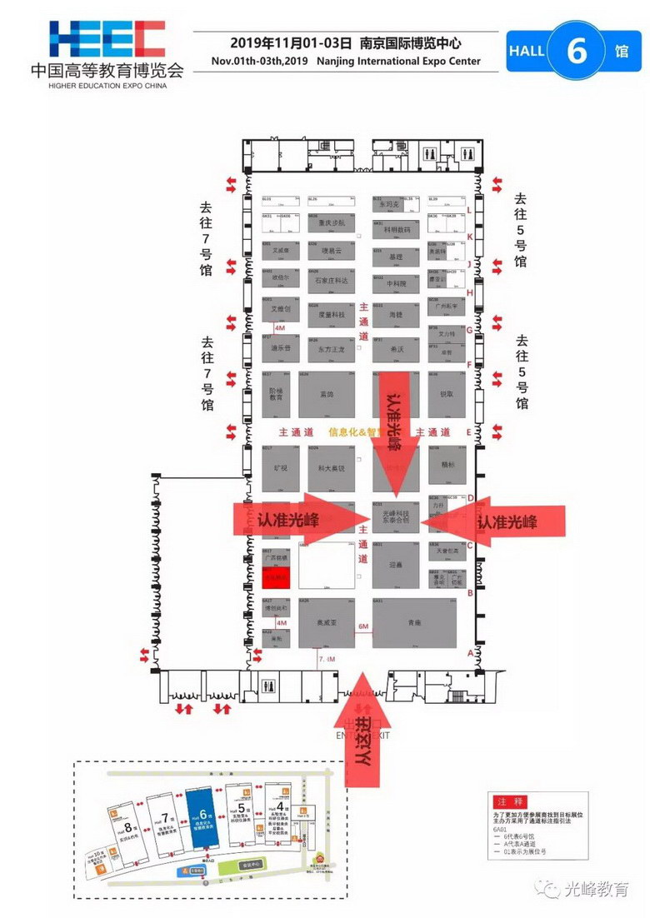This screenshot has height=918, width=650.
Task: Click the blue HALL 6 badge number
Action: [576, 50]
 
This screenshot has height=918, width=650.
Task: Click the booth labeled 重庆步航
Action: [332, 222]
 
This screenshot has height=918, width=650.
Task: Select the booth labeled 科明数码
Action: [396, 227]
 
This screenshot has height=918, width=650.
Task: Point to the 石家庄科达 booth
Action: [332, 282]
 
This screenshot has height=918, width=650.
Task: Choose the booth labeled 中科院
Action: [396, 283]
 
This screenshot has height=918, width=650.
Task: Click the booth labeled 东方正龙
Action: [332, 349]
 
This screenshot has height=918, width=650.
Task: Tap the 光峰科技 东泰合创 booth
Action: [396, 518]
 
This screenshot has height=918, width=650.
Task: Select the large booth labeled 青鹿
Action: [414, 622]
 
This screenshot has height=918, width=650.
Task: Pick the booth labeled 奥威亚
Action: [327, 622]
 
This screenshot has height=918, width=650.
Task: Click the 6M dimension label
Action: [363, 626]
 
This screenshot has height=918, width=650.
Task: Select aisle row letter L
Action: [469, 211]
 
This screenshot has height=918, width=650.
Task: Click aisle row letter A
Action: [470, 653]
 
